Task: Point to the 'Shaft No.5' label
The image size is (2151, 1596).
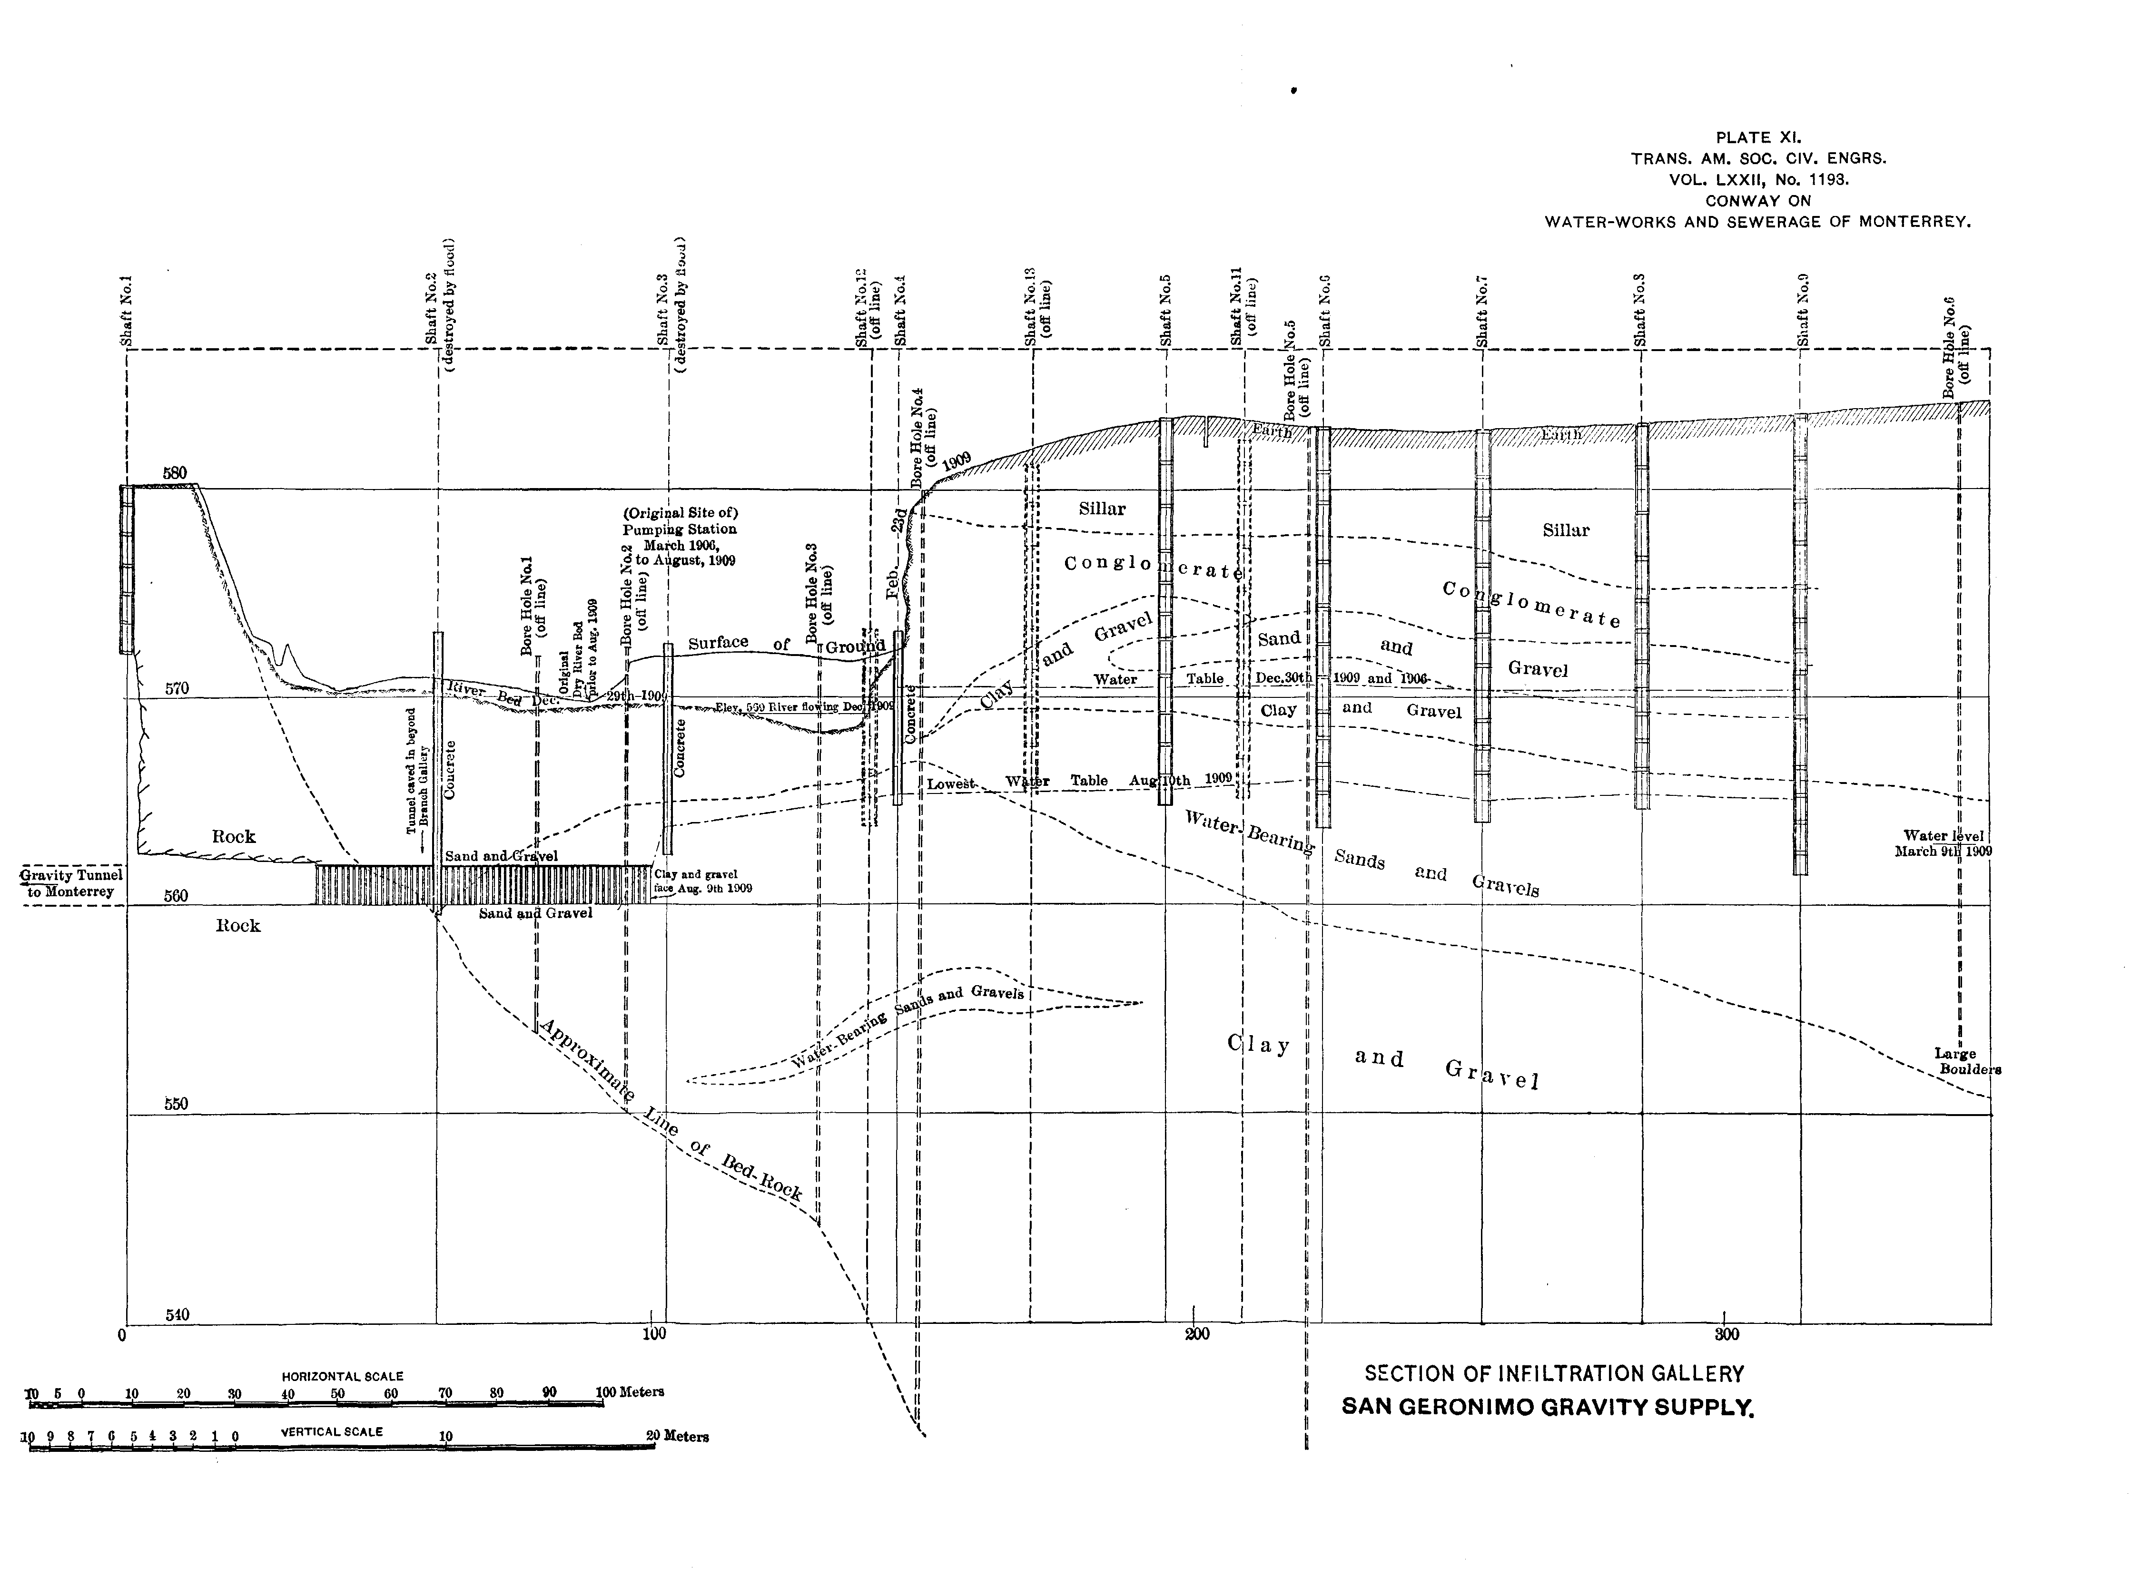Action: tap(1166, 311)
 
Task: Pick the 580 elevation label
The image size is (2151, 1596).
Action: tap(175, 473)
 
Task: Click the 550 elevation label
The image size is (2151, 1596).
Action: tap(176, 1103)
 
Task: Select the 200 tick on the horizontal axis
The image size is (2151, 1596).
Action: tap(1196, 1335)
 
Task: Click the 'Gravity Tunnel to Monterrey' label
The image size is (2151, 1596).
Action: tap(71, 883)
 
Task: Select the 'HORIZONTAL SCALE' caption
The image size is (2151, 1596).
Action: tap(342, 1376)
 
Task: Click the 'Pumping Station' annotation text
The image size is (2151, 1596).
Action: tap(679, 529)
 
